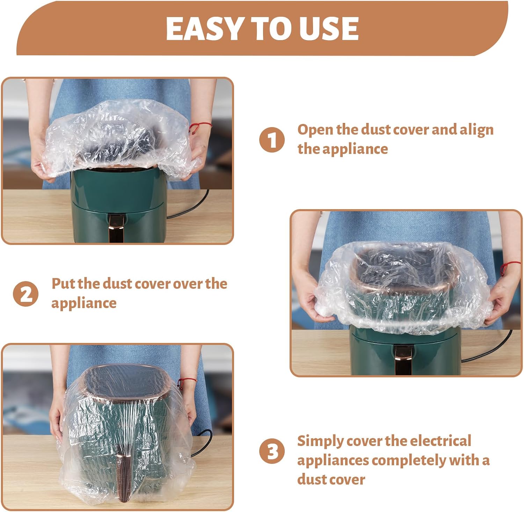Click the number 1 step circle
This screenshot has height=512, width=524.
272,140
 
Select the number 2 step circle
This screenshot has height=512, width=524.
26,294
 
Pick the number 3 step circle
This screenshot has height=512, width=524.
272,451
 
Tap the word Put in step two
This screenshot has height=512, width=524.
63,283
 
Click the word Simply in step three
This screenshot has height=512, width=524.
319,441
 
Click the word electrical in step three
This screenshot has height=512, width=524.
441,441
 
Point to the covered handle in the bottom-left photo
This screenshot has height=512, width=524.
124,476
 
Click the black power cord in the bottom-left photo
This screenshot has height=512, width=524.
203,444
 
